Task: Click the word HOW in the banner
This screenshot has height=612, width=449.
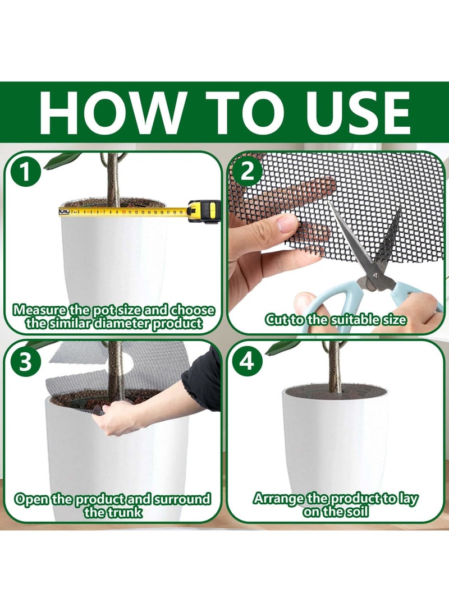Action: coord(111,113)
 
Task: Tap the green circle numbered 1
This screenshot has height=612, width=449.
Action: coord(25,172)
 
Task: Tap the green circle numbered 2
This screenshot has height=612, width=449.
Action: coord(246,171)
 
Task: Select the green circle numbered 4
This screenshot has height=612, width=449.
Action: coord(246,361)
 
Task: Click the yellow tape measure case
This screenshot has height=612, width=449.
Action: coord(204,210)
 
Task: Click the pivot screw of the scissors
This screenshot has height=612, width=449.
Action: coord(373,275)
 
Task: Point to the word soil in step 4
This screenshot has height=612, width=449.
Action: coord(355,511)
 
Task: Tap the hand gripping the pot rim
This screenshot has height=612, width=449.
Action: coord(115,417)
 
